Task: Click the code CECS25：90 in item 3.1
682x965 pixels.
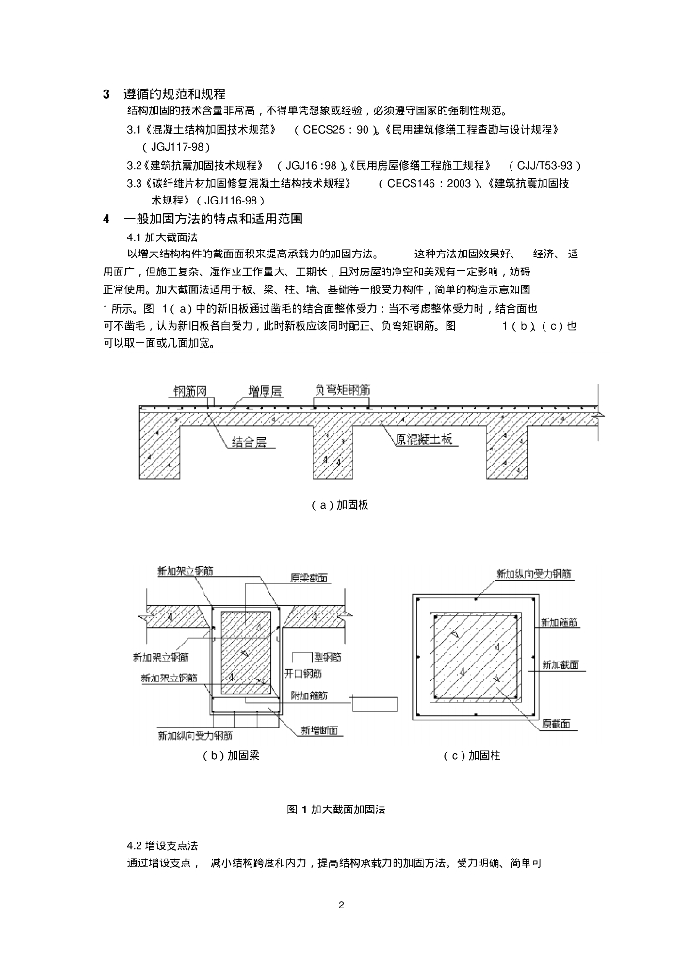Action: (335, 129)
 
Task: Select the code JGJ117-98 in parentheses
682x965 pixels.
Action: (176, 147)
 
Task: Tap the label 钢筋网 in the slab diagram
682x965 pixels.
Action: (192, 389)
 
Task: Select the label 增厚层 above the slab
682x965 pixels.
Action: (264, 389)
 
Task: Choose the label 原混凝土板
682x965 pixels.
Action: (424, 438)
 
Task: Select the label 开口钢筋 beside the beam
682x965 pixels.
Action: (302, 674)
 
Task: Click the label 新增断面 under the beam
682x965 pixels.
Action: (320, 730)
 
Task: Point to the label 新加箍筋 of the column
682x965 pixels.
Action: (560, 623)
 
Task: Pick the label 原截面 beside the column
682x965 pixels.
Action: (559, 724)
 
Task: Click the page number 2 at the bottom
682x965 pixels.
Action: (341, 906)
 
